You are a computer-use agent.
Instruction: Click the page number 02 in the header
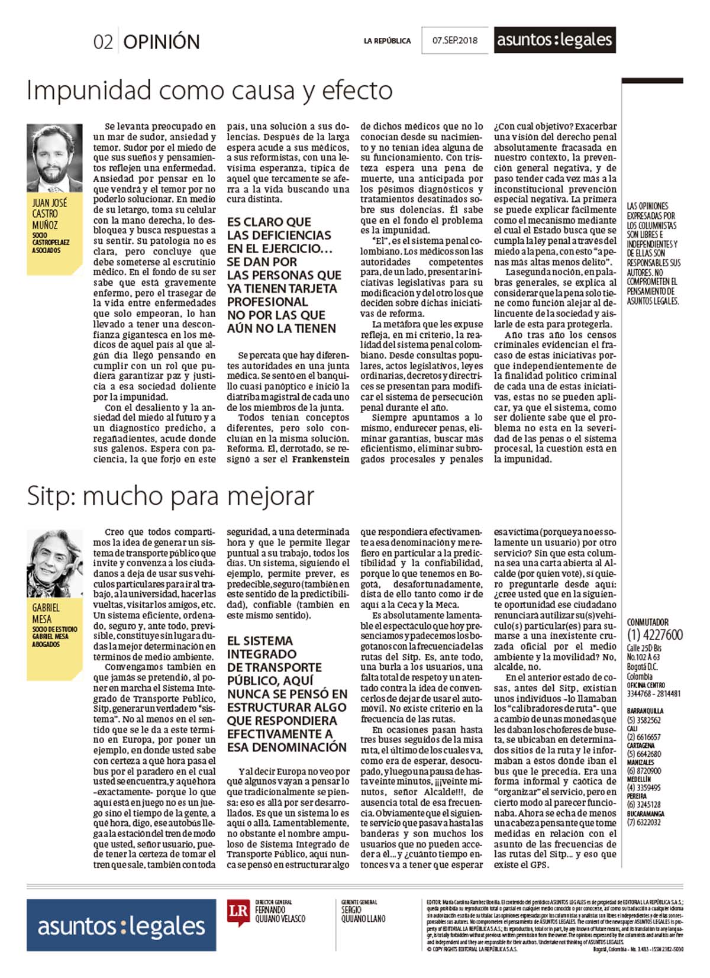tap(102, 42)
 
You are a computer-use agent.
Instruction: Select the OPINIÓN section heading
tap(162, 42)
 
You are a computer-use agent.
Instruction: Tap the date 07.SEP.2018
tap(454, 41)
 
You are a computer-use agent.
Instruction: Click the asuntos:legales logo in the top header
tap(554, 40)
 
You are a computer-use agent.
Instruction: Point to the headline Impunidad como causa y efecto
tap(209, 91)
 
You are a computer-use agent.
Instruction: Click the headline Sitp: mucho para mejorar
tap(170, 496)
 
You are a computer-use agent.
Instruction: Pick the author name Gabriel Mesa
tap(46, 613)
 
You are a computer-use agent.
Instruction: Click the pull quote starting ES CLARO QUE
tap(284, 275)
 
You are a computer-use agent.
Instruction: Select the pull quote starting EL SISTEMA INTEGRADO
tap(286, 693)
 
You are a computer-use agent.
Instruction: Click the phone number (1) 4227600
tap(654, 635)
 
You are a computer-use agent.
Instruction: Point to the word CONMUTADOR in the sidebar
tap(648, 622)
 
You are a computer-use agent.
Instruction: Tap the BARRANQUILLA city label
tap(645, 711)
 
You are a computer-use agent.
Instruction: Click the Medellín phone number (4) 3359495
tap(644, 787)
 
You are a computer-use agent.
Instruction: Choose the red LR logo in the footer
tap(238, 911)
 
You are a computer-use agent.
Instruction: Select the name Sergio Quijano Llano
tap(363, 914)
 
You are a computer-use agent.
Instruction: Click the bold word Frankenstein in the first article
tap(321, 459)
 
